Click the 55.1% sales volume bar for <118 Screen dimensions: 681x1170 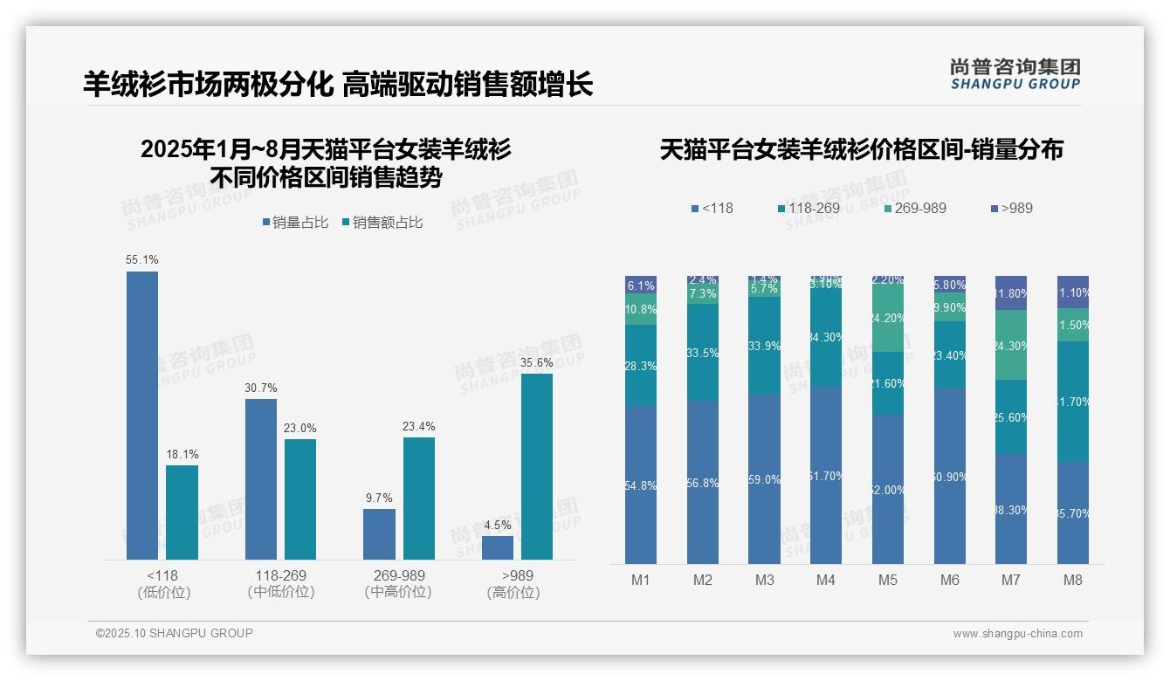point(142,415)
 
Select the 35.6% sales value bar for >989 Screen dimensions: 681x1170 point(537,466)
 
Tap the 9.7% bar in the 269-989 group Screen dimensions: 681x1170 point(379,533)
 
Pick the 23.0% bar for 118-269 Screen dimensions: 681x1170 point(300,499)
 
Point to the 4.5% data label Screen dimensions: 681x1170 point(497,525)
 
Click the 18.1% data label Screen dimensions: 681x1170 point(182,454)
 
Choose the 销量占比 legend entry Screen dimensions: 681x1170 point(294,223)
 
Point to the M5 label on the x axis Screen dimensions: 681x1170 point(888,580)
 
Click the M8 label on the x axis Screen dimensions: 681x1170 point(1073,580)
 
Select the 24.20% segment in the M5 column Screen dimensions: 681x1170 point(888,319)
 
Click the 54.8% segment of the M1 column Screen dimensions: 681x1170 point(641,485)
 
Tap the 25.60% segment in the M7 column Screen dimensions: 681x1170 point(1011,417)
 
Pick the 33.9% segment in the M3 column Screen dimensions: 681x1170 point(765,346)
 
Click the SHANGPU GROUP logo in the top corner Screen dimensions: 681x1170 point(1015,73)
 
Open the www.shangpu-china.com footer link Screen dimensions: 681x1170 point(1017,634)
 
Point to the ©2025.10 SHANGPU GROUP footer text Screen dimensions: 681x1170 point(175,633)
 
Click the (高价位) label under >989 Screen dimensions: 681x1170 point(513,592)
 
